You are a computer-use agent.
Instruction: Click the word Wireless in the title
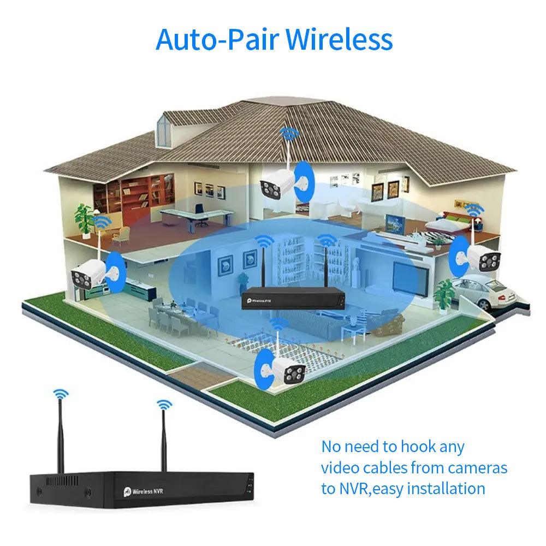tap(339, 39)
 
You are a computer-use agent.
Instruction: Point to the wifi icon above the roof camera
tap(287, 133)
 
